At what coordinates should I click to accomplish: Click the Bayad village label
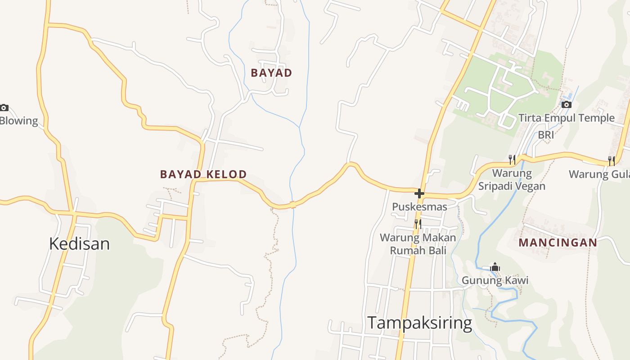pyautogui.click(x=271, y=73)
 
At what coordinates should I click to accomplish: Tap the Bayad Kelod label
pyautogui.click(x=203, y=174)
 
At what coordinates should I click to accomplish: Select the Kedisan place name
pyautogui.click(x=79, y=243)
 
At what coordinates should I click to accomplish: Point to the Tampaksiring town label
pyautogui.click(x=419, y=323)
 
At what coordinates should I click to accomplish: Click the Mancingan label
pyautogui.click(x=558, y=243)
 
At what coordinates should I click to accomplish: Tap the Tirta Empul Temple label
pyautogui.click(x=567, y=118)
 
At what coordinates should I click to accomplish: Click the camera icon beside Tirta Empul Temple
pyautogui.click(x=567, y=105)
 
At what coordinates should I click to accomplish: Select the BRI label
pyautogui.click(x=546, y=135)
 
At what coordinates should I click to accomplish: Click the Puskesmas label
pyautogui.click(x=419, y=207)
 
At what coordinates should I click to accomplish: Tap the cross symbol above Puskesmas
pyautogui.click(x=419, y=193)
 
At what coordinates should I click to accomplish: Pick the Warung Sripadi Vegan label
pyautogui.click(x=512, y=180)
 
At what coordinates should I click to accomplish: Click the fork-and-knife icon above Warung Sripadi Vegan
pyautogui.click(x=512, y=159)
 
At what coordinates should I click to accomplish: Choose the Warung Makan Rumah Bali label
pyautogui.click(x=418, y=243)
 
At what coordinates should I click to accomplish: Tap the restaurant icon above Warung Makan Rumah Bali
pyautogui.click(x=418, y=224)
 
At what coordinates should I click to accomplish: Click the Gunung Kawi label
pyautogui.click(x=495, y=280)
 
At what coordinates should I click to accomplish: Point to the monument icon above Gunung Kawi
pyautogui.click(x=495, y=267)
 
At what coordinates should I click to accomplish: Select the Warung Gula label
pyautogui.click(x=599, y=174)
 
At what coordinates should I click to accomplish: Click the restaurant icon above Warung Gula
pyautogui.click(x=611, y=161)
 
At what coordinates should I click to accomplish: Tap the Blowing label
pyautogui.click(x=19, y=121)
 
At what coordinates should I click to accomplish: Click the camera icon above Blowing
pyautogui.click(x=4, y=108)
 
